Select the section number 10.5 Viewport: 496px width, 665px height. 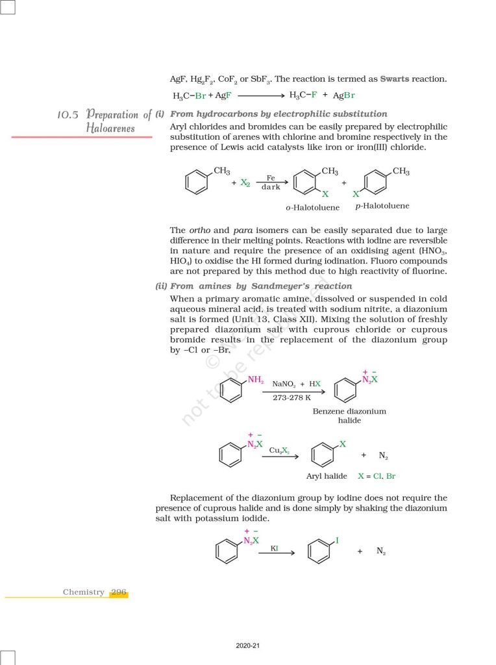point(68,115)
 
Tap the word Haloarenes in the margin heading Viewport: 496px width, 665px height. point(110,128)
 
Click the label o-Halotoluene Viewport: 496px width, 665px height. point(312,208)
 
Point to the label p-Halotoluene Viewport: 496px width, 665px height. point(382,206)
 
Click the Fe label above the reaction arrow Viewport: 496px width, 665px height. point(271,177)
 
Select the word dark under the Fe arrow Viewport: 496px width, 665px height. point(271,187)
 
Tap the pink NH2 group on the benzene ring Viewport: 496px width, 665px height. point(256,380)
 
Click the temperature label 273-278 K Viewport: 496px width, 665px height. point(291,397)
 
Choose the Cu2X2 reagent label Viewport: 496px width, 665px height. point(279,450)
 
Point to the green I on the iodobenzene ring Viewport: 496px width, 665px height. point(337,540)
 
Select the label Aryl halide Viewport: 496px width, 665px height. point(327,476)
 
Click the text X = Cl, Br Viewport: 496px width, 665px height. point(377,476)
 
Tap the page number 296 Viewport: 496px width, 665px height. point(119,592)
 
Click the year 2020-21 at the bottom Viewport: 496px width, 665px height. point(248,646)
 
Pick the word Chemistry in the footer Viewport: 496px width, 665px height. point(83,592)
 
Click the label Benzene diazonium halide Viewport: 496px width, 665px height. point(349,416)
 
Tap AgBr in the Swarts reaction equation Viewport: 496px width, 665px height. point(344,95)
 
